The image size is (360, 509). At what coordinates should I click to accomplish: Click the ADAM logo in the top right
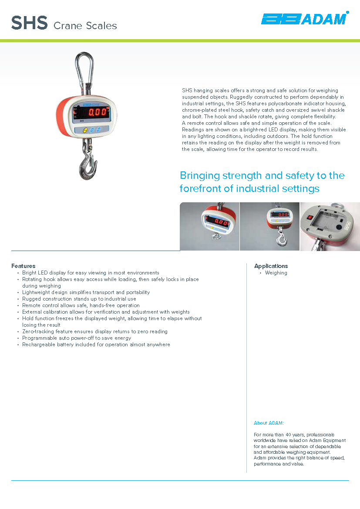(x=304, y=19)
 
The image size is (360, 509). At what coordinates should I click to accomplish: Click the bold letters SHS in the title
(x=29, y=23)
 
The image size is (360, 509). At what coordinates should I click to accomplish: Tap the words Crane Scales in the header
(x=85, y=26)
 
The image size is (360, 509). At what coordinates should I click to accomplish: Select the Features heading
(x=24, y=266)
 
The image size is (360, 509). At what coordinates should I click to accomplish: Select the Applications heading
(x=271, y=266)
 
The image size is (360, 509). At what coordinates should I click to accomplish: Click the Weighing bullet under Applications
(x=276, y=273)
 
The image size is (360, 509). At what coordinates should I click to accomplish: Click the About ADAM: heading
(x=269, y=423)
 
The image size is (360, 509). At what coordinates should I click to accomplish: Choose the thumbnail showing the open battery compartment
(x=330, y=226)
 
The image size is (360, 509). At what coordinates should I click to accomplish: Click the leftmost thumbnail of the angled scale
(x=210, y=226)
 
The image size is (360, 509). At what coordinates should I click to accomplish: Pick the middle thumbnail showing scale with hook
(x=269, y=226)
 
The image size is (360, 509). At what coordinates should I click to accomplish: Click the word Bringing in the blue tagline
(x=199, y=176)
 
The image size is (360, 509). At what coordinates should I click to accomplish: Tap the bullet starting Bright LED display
(x=91, y=273)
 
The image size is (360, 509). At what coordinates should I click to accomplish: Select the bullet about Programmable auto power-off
(x=77, y=338)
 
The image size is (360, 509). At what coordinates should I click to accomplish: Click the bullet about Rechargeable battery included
(x=96, y=345)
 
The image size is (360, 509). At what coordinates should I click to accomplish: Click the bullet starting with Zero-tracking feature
(x=94, y=332)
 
